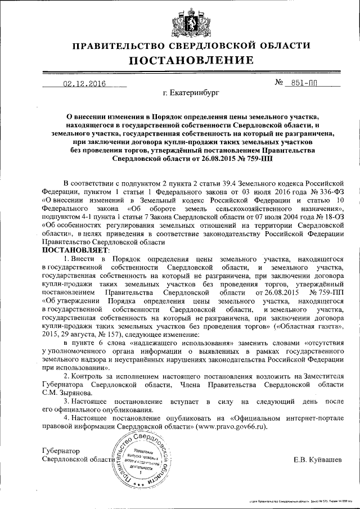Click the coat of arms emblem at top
(180, 20)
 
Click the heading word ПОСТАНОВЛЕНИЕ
(180, 60)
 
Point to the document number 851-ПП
(304, 84)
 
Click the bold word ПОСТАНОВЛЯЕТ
(77, 249)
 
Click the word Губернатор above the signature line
(61, 451)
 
